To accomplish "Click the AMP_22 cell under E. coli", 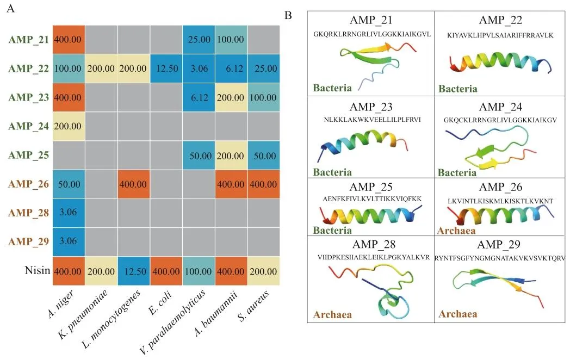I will click(164, 69).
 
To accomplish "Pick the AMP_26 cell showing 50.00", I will click(69, 184).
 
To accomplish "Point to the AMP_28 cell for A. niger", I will click(69, 213).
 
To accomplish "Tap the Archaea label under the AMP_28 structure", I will click(332, 314).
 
